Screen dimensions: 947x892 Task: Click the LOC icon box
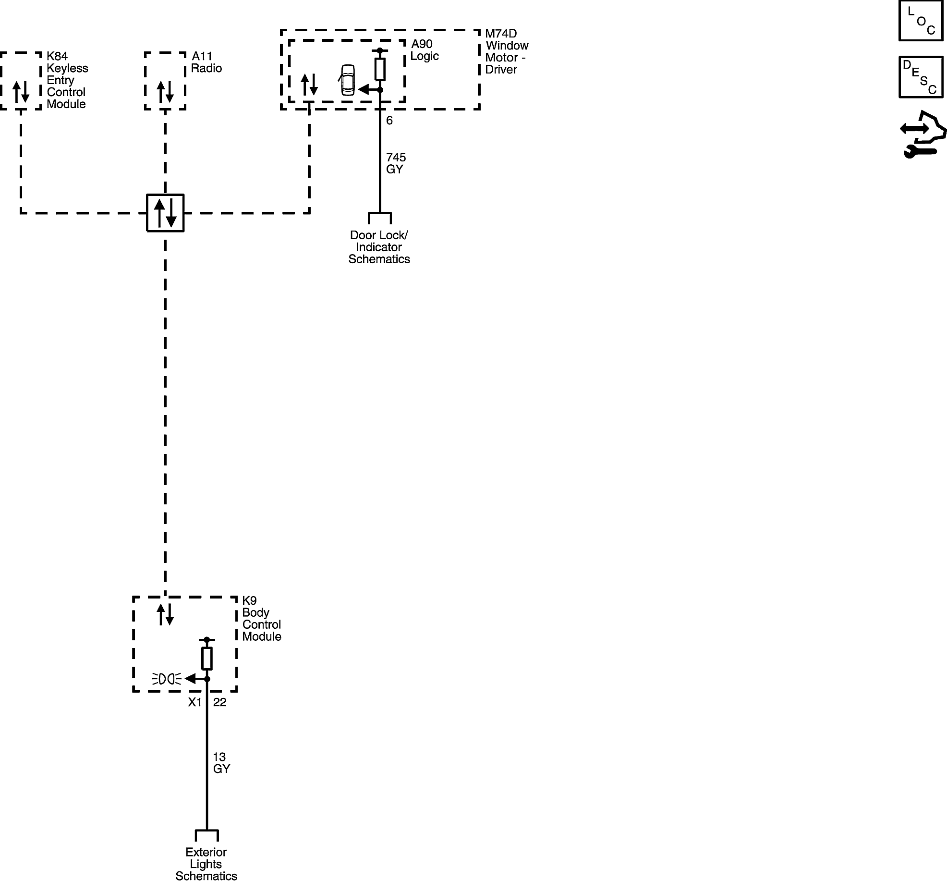pyautogui.click(x=921, y=21)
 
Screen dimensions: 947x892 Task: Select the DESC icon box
pyautogui.click(x=921, y=77)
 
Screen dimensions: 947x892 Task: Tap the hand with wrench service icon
pyautogui.click(x=923, y=134)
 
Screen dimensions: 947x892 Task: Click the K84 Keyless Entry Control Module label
pyautogui.click(x=67, y=80)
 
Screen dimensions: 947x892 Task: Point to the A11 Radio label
pyautogui.click(x=206, y=62)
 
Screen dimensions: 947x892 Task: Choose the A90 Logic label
pyautogui.click(x=425, y=50)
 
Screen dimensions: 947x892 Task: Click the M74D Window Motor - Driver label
pyautogui.click(x=506, y=51)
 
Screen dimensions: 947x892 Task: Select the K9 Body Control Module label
pyautogui.click(x=261, y=618)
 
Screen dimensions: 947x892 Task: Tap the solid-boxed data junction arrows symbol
pyautogui.click(x=165, y=213)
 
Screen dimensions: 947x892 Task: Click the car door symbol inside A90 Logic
pyautogui.click(x=347, y=80)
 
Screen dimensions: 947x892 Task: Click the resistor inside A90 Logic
pyautogui.click(x=380, y=69)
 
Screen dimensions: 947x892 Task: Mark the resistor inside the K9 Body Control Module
pyautogui.click(x=207, y=659)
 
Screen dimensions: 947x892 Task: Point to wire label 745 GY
pyautogui.click(x=396, y=163)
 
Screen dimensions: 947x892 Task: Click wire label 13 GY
pyautogui.click(x=221, y=763)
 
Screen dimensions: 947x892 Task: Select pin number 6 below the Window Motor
pyautogui.click(x=389, y=121)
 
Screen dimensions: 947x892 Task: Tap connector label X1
pyautogui.click(x=194, y=702)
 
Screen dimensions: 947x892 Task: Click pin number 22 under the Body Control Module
pyautogui.click(x=219, y=702)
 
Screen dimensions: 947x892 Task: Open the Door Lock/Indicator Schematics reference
pyautogui.click(x=379, y=247)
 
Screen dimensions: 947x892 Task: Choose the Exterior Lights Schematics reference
pyautogui.click(x=206, y=864)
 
